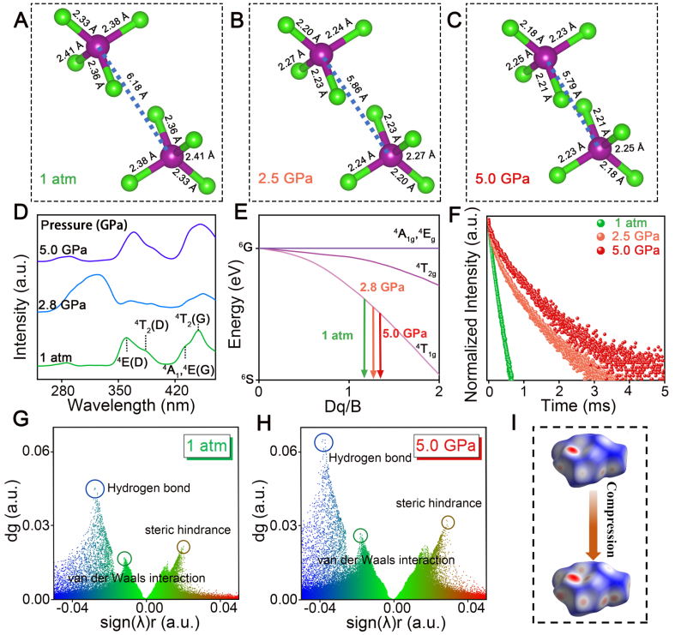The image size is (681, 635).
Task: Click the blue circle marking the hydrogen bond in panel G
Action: (94, 489)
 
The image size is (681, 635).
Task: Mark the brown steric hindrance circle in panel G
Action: (183, 547)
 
